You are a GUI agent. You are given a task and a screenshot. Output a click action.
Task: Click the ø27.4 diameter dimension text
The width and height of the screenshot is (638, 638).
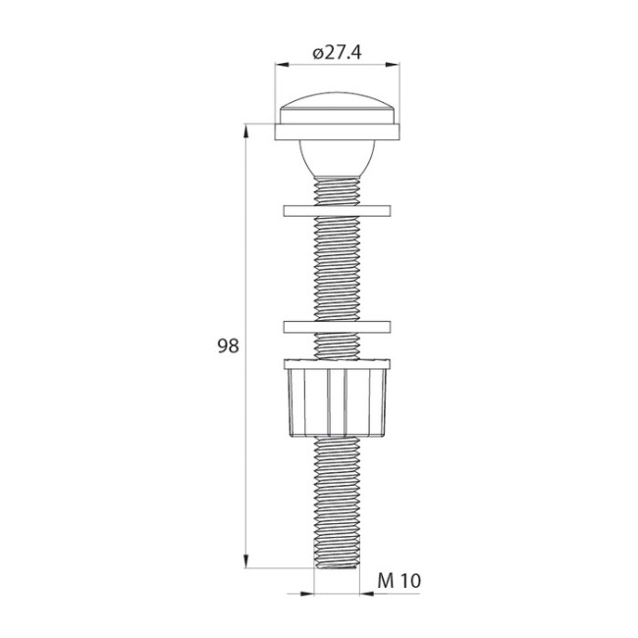pyautogui.click(x=337, y=53)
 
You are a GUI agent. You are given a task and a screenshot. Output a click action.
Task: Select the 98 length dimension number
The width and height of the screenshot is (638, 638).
pyautogui.click(x=228, y=346)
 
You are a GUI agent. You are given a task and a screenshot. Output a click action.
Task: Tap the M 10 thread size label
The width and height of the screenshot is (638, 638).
pyautogui.click(x=399, y=581)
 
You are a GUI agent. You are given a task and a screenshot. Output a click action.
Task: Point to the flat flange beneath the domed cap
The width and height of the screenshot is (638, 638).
pyautogui.click(x=337, y=130)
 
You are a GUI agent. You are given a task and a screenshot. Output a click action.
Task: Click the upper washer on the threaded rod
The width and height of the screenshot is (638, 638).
pyautogui.click(x=337, y=210)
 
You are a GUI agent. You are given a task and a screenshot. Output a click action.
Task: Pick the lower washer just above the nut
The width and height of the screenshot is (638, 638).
pyautogui.click(x=337, y=326)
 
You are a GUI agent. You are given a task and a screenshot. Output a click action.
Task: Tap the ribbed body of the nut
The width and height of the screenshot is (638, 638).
pyautogui.click(x=337, y=402)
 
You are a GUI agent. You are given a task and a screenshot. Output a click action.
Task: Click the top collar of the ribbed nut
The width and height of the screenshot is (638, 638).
pyautogui.click(x=337, y=365)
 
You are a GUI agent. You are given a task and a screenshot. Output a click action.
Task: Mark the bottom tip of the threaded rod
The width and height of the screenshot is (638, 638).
pyautogui.click(x=337, y=566)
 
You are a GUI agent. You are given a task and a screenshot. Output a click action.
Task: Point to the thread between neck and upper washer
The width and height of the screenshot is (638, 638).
pyautogui.click(x=337, y=189)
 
